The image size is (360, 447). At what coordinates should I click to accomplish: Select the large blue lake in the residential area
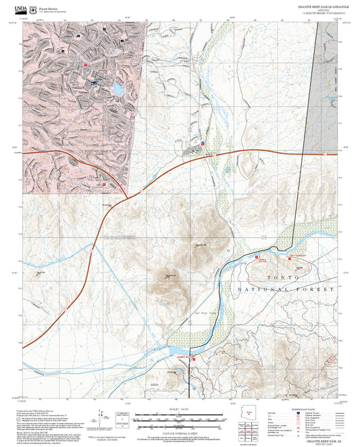118,88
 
